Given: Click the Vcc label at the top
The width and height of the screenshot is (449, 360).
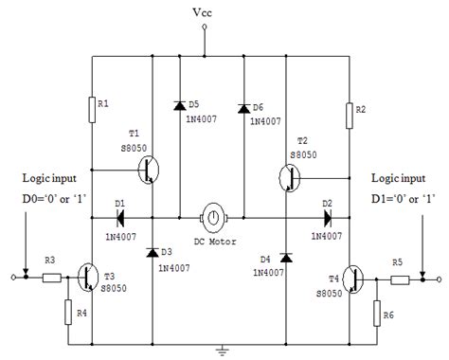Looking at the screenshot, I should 204,13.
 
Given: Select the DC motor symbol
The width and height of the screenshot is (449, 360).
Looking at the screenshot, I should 213,217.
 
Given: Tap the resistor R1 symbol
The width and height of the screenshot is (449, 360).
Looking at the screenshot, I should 92,109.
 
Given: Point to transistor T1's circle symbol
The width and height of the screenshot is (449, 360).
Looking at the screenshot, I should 149,170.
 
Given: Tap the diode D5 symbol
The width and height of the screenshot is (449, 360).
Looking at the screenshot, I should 180,104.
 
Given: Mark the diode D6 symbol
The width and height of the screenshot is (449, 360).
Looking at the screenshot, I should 243,106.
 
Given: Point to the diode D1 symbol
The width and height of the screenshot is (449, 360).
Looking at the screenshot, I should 120,216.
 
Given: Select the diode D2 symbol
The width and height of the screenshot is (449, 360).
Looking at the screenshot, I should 325,216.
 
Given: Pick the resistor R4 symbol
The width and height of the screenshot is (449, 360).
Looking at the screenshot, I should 68,312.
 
